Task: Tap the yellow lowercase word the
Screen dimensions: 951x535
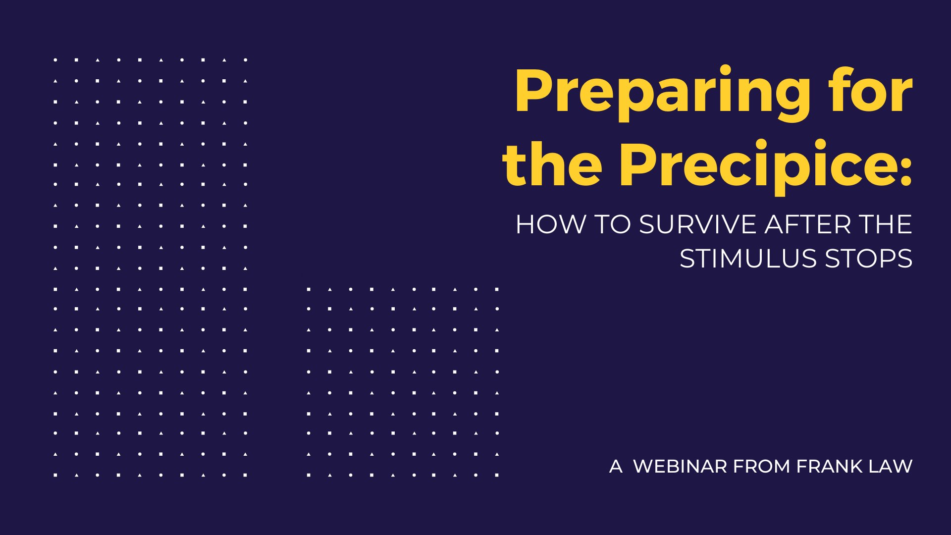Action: click(552, 163)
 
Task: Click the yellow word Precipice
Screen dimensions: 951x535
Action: click(757, 167)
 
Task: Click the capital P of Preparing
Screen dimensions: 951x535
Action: click(536, 91)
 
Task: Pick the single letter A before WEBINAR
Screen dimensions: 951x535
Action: click(616, 466)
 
